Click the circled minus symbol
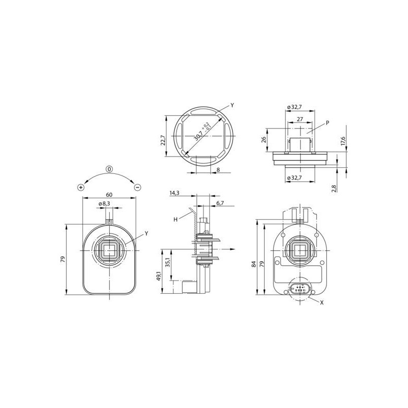click(138, 187)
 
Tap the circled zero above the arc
click(109, 169)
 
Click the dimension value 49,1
click(159, 277)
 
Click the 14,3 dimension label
click(174, 193)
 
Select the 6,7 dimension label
click(220, 203)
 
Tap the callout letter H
click(175, 219)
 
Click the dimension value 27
click(299, 118)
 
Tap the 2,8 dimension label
click(334, 188)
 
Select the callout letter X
click(322, 302)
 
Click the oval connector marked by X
click(299, 290)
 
